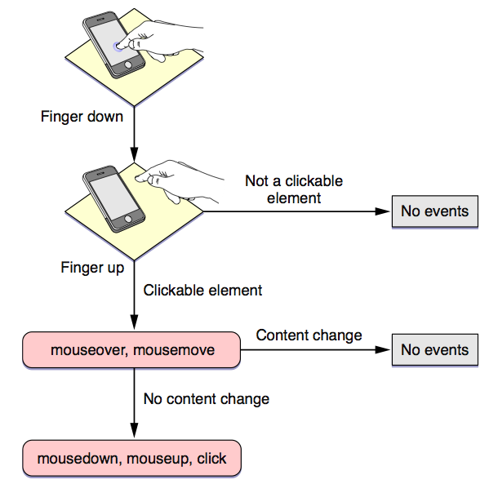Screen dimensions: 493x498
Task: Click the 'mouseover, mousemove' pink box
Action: (132, 350)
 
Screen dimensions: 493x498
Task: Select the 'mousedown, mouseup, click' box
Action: (132, 459)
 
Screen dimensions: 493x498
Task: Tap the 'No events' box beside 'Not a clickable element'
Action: (435, 211)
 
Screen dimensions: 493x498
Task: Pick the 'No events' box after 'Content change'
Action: (435, 350)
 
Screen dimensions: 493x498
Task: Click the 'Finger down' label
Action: (82, 116)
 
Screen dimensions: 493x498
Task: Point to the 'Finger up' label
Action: (92, 267)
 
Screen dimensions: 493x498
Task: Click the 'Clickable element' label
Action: (202, 289)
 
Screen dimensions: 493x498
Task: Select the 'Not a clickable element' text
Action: (294, 189)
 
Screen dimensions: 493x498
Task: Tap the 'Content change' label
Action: (309, 335)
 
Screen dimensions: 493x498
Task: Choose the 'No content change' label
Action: (206, 399)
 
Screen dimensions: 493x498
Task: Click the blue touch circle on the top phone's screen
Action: (122, 45)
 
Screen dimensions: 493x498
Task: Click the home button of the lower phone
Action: (126, 220)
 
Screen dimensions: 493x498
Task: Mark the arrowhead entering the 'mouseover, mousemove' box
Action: (132, 325)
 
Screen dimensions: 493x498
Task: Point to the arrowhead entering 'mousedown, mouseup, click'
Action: (132, 433)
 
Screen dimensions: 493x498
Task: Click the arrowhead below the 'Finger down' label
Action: (132, 153)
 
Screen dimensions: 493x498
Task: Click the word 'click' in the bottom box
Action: (211, 459)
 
